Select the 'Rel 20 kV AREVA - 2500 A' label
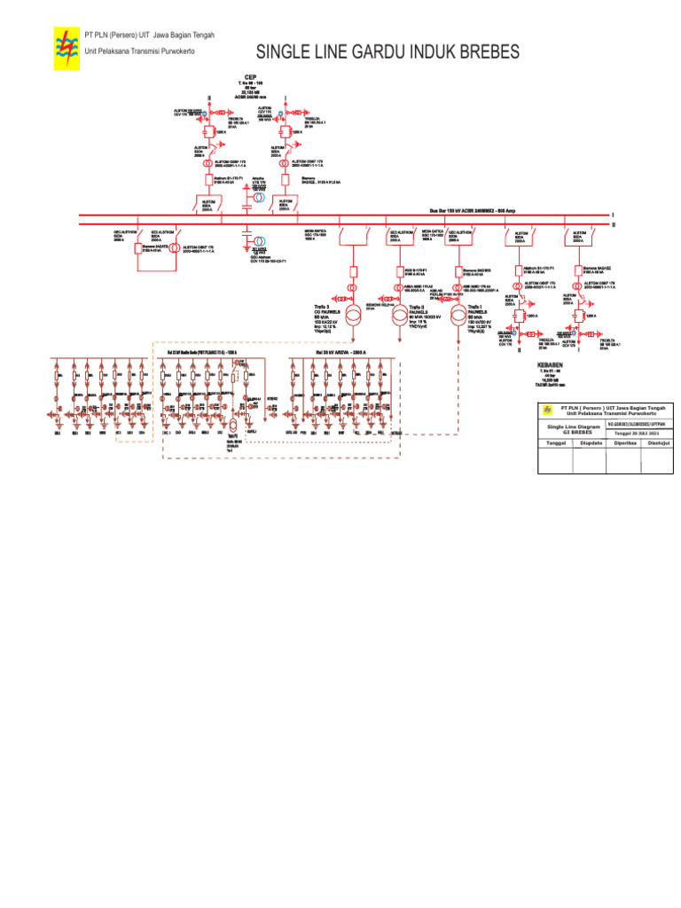(x=328, y=352)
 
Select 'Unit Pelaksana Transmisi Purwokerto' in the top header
(x=138, y=50)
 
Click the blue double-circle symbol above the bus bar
(x=258, y=197)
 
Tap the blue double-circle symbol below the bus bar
(x=258, y=242)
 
